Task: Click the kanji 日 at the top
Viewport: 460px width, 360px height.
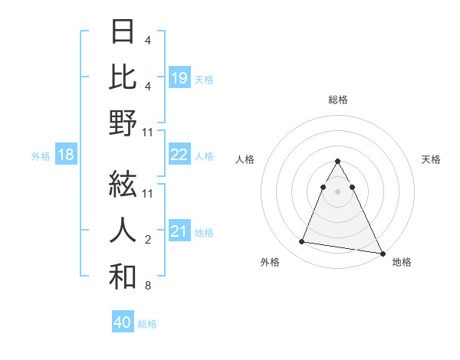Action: pos(123,32)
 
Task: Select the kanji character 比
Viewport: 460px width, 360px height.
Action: pos(123,77)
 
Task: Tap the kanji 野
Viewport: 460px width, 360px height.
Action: pos(123,123)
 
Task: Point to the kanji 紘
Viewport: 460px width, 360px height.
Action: pos(123,184)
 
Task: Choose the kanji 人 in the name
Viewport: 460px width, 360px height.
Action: pos(123,230)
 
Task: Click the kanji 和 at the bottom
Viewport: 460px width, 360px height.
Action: pos(123,276)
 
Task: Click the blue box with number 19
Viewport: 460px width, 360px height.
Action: pos(179,78)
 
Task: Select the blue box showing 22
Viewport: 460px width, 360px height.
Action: pos(179,155)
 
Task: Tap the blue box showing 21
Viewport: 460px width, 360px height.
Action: pos(179,231)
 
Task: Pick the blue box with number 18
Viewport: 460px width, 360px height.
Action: pos(66,155)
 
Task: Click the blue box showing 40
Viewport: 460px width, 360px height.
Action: pos(123,322)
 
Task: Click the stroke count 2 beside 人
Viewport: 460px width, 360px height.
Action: pos(148,240)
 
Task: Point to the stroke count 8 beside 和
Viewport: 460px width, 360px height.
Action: pos(148,286)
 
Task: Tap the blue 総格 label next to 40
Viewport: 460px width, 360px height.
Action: pos(147,323)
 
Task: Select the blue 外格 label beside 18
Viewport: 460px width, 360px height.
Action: pos(41,156)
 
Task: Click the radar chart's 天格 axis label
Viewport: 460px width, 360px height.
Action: pos(431,159)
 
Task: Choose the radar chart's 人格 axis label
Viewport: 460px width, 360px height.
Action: pos(245,159)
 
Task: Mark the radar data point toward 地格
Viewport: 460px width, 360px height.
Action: pos(383,252)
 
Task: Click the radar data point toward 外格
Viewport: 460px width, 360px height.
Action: pos(302,242)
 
